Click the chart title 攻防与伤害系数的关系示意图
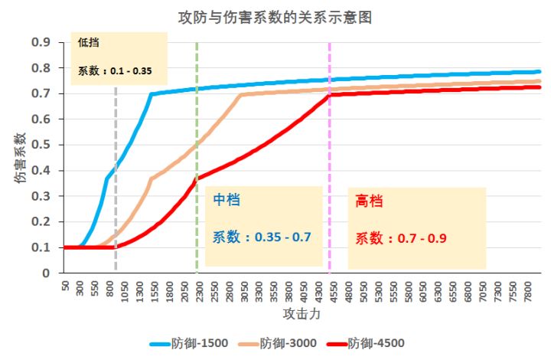[x=275, y=17]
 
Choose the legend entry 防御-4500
[x=376, y=343]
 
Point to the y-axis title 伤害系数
[x=20, y=157]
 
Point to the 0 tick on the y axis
[x=47, y=273]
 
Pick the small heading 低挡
[x=86, y=44]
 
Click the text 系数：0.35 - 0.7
[x=262, y=237]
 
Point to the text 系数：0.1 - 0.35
[x=115, y=72]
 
